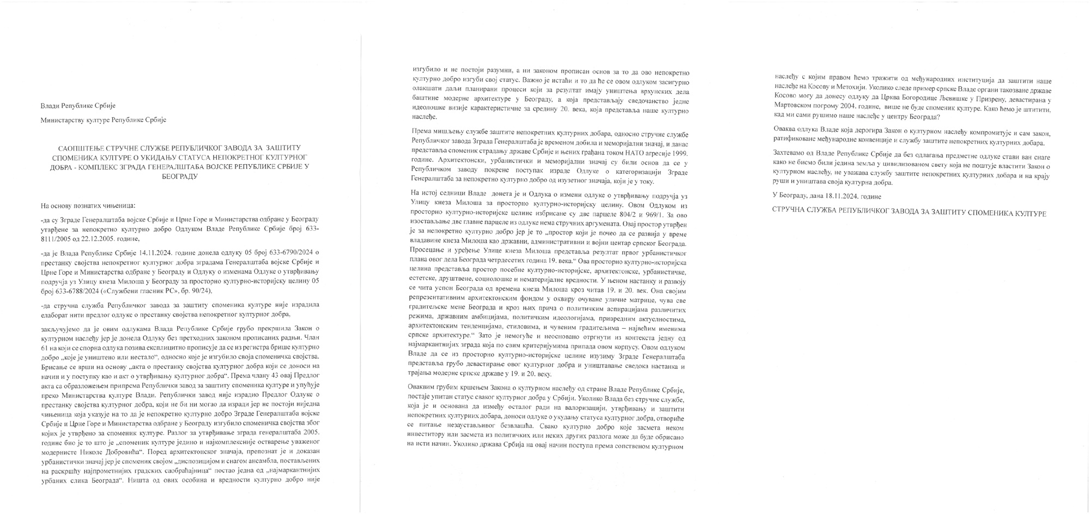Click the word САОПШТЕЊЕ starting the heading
pos(81,148)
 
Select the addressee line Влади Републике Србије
pos(78,106)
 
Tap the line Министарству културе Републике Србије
pos(104,120)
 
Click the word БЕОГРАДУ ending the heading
pos(180,177)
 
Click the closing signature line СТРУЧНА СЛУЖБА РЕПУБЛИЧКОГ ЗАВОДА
pos(909,213)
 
